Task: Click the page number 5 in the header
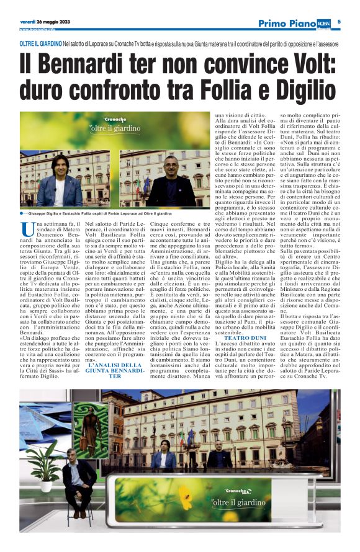point(348,22)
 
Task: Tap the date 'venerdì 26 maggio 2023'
point(45,22)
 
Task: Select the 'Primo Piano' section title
point(288,23)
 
